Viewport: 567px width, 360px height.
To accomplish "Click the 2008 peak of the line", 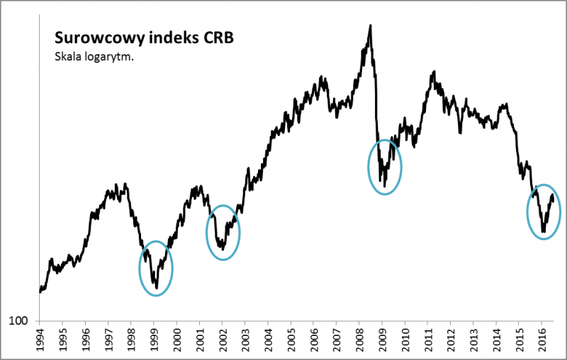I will (x=370, y=26).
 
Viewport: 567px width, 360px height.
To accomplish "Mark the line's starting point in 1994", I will (x=40, y=291).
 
